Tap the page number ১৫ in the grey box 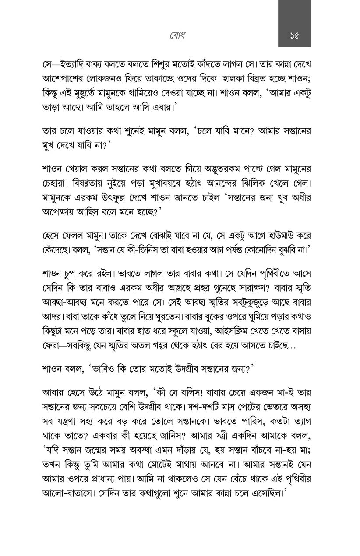click(294, 35)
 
